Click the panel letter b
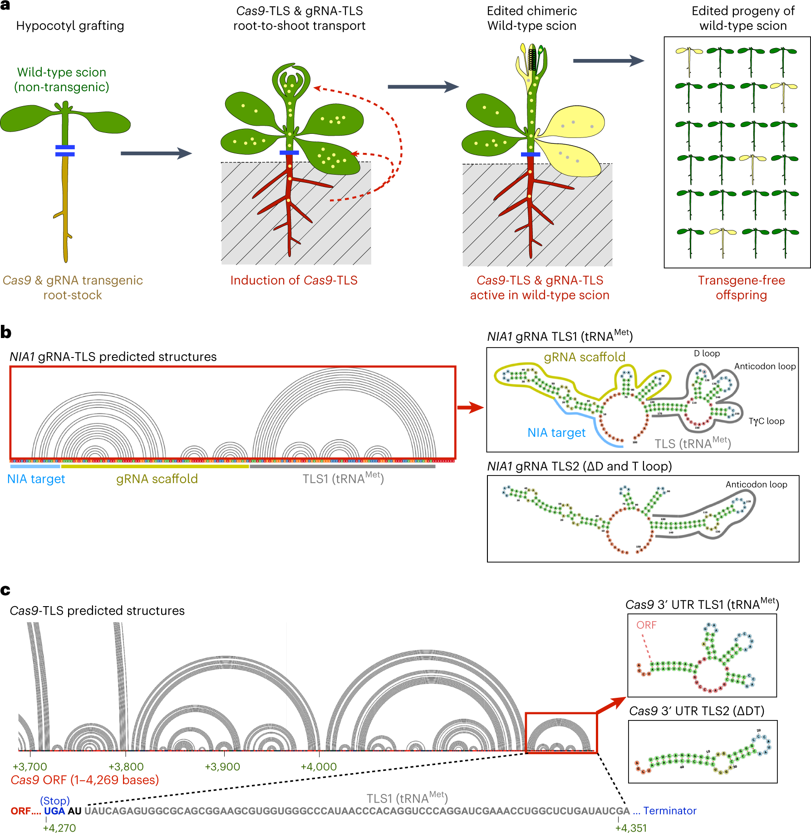click(x=6, y=333)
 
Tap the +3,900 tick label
click(x=222, y=767)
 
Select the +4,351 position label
click(x=631, y=828)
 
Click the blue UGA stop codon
click(x=54, y=811)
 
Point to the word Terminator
click(x=669, y=811)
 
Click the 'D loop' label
click(x=707, y=353)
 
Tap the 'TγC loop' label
click(x=766, y=421)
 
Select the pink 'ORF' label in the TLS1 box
click(x=646, y=625)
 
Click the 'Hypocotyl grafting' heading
click(x=70, y=26)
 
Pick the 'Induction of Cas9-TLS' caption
click(x=294, y=280)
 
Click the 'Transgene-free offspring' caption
click(x=741, y=288)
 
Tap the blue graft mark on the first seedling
click(x=65, y=151)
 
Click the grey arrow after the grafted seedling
click(x=156, y=153)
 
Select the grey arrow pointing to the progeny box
click(x=608, y=61)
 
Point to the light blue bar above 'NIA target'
click(x=35, y=466)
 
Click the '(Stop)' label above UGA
click(x=55, y=800)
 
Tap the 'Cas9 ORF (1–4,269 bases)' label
click(x=85, y=780)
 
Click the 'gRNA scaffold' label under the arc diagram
click(x=157, y=479)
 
